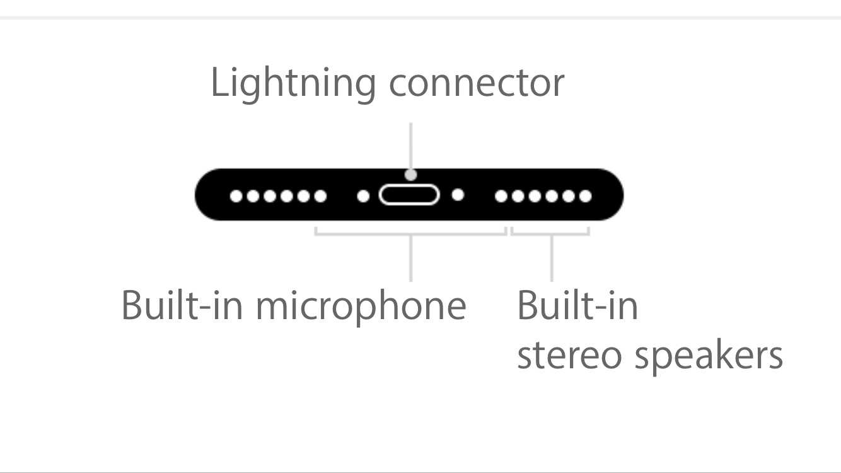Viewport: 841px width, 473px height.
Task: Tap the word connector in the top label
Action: point(477,83)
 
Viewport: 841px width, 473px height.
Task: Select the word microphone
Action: point(361,306)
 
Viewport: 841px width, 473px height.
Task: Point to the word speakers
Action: point(709,356)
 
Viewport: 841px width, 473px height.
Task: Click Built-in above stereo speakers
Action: point(577,306)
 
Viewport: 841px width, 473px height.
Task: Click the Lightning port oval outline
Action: point(409,196)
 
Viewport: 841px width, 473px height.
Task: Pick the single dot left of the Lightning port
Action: point(363,196)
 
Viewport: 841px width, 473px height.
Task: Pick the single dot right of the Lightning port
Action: point(458,196)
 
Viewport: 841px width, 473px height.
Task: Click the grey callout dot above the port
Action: point(411,175)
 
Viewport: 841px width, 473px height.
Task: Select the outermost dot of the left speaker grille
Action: point(236,196)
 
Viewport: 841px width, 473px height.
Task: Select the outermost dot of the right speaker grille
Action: point(586,196)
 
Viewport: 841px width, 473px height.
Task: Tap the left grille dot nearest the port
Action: point(320,196)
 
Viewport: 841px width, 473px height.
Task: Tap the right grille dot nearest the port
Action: point(501,196)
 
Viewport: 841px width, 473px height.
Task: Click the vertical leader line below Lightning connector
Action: point(411,145)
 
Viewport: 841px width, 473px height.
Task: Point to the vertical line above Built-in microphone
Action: point(411,259)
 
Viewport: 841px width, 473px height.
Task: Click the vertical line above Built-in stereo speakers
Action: point(552,259)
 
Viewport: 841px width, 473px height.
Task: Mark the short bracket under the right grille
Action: point(550,233)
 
